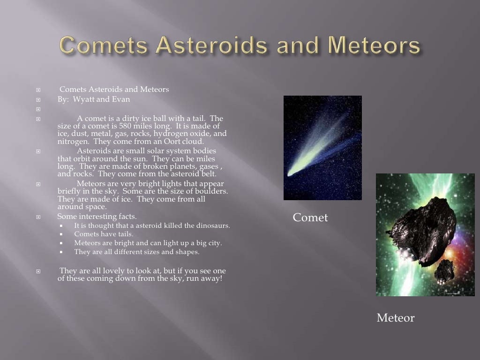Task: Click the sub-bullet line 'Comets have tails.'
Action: [104, 234]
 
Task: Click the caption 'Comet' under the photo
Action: [310, 217]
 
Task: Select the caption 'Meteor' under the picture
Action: [396, 318]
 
